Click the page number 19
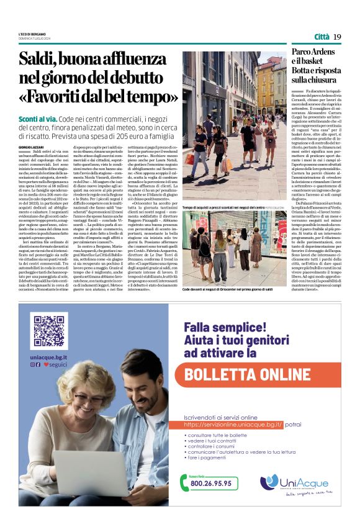(x=337, y=37)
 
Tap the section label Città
(x=322, y=37)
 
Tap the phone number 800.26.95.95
(x=210, y=483)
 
